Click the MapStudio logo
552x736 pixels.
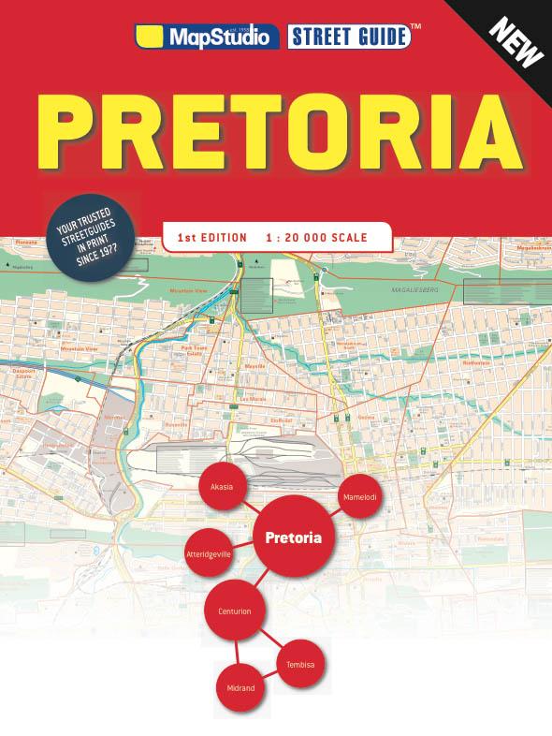click(208, 37)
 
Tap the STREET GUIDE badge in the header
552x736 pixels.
click(350, 37)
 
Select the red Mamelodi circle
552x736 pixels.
click(360, 495)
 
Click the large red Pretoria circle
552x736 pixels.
click(294, 538)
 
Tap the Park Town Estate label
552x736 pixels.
click(193, 350)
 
